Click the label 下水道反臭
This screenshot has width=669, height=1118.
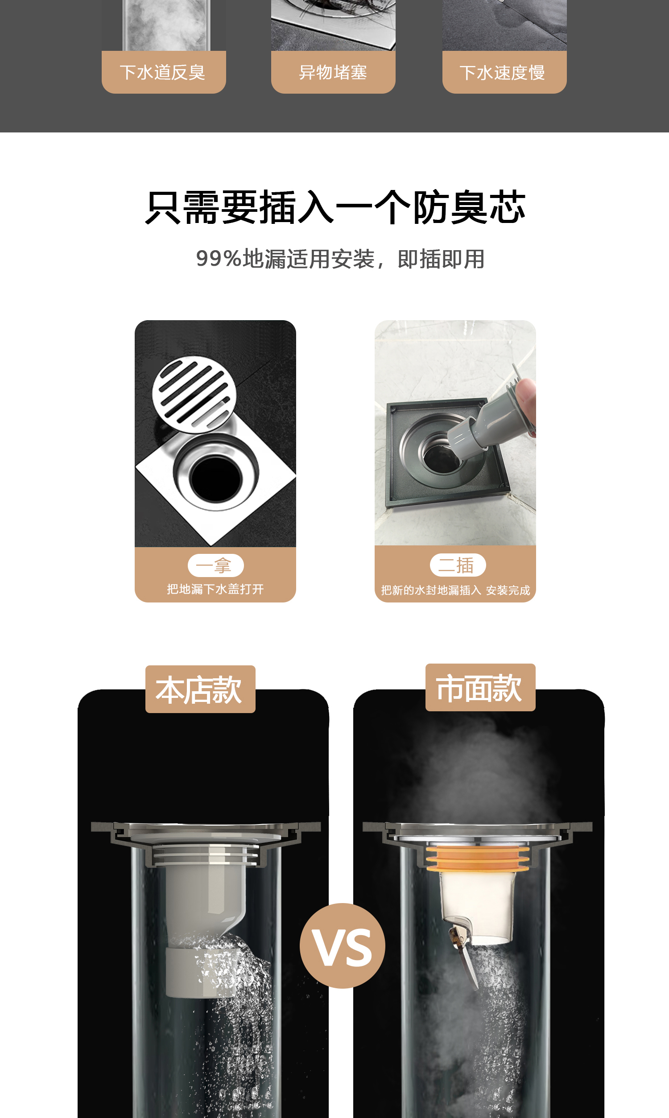point(163,73)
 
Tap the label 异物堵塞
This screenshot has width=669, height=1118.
point(333,73)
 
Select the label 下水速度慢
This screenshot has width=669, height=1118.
point(503,73)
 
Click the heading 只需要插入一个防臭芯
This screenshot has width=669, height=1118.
point(335,207)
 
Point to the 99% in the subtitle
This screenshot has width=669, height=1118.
point(219,259)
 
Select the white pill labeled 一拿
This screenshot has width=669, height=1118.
point(215,565)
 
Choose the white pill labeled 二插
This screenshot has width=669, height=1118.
point(458,565)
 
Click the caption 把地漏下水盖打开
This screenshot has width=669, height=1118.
point(215,589)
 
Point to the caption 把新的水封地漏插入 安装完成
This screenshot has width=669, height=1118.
point(455,590)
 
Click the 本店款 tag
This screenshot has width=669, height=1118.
point(200,689)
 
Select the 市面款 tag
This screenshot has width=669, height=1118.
point(480,688)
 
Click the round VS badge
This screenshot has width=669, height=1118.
point(343,946)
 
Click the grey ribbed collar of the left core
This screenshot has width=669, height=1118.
point(205,854)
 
